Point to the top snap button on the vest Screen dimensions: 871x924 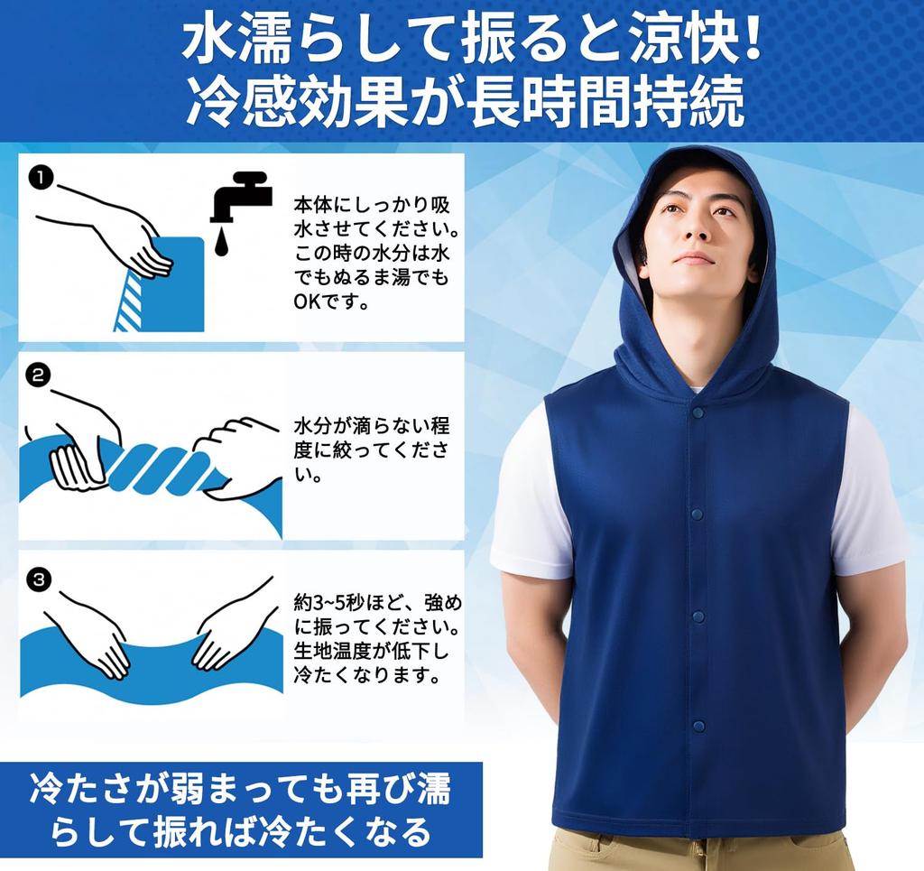pyautogui.click(x=697, y=412)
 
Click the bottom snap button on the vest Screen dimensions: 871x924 pyautogui.click(x=696, y=725)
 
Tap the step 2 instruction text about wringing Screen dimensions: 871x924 pyautogui.click(x=370, y=449)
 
